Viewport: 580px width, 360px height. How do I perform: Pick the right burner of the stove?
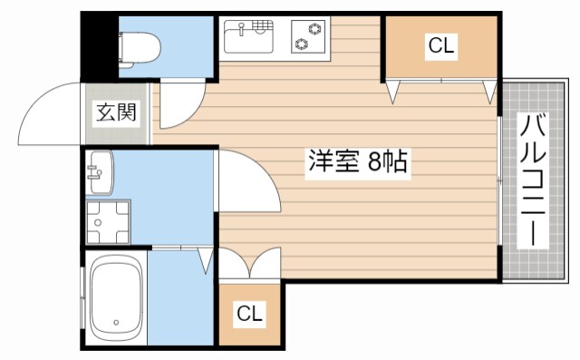(316, 31)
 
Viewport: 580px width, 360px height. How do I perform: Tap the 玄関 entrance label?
(116, 113)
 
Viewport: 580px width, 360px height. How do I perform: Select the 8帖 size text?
(385, 163)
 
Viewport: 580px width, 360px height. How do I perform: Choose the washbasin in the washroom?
(101, 171)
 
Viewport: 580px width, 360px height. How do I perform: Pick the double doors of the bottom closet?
(250, 265)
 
